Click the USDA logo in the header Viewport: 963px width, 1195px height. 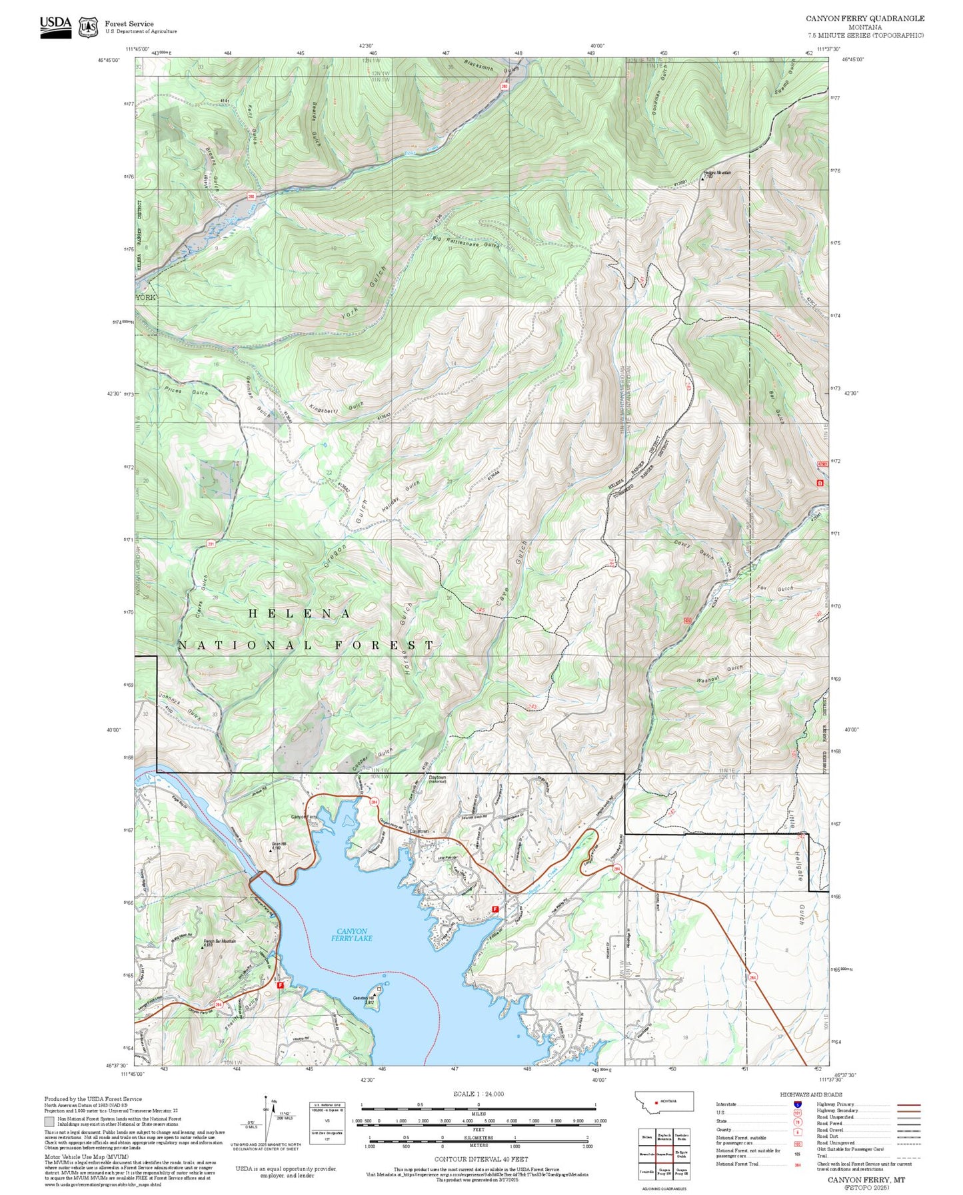[55, 25]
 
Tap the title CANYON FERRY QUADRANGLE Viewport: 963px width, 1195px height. [864, 19]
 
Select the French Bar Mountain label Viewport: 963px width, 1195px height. [219, 942]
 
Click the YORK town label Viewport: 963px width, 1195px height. [145, 297]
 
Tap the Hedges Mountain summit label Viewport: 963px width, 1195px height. [716, 173]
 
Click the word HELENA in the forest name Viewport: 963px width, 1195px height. [299, 613]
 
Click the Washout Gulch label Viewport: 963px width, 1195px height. [718, 673]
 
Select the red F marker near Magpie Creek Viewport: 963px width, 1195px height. [494, 909]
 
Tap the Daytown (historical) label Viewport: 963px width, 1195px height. [437, 779]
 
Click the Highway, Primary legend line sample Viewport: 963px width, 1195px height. [908, 1104]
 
